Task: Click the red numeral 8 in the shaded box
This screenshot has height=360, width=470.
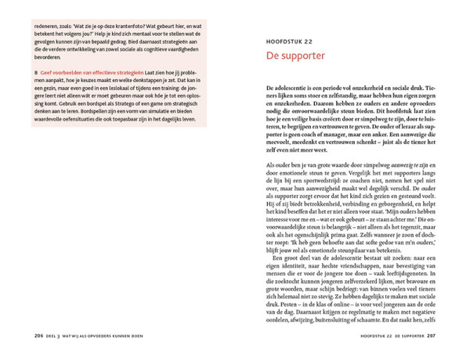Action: click(35, 73)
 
